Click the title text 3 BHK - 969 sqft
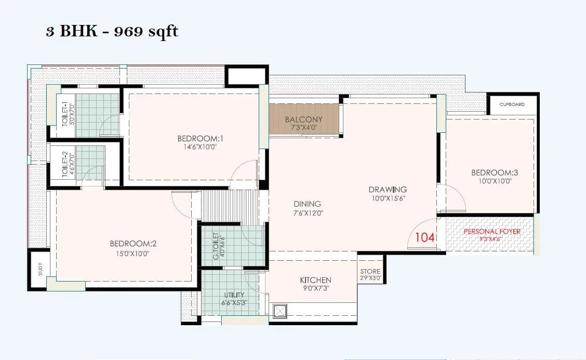112,32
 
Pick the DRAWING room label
388,189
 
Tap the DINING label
307,204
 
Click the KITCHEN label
315,280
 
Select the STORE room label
370,271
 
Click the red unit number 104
424,237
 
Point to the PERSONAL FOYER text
491,231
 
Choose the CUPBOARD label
512,104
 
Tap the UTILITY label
234,295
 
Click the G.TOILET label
216,244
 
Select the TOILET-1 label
65,114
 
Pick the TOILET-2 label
65,165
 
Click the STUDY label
41,270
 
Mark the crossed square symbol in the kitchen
279,311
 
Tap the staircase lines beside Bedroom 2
229,206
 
